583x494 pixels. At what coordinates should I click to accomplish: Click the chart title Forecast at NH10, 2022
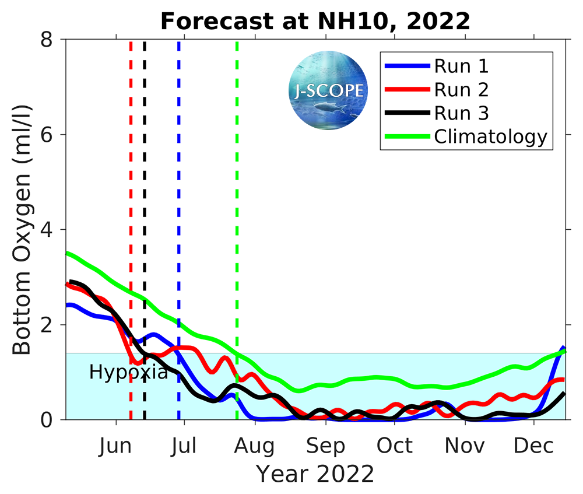[x=315, y=22]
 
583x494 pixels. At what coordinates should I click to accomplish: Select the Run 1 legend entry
[x=461, y=66]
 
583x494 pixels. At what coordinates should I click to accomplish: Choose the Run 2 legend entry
[x=461, y=89]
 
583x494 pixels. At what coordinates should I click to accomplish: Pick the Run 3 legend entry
[x=461, y=113]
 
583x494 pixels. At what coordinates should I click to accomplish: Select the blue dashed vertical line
[x=179, y=175]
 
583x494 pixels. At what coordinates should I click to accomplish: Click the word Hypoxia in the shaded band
[x=128, y=372]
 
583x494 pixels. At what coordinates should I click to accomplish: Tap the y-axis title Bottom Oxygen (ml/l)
[x=22, y=229]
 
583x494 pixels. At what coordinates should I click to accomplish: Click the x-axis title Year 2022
[x=315, y=474]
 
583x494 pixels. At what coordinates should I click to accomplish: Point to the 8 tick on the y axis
[x=52, y=40]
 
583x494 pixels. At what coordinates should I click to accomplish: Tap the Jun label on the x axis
[x=115, y=446]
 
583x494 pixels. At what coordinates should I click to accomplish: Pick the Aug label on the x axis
[x=255, y=446]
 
